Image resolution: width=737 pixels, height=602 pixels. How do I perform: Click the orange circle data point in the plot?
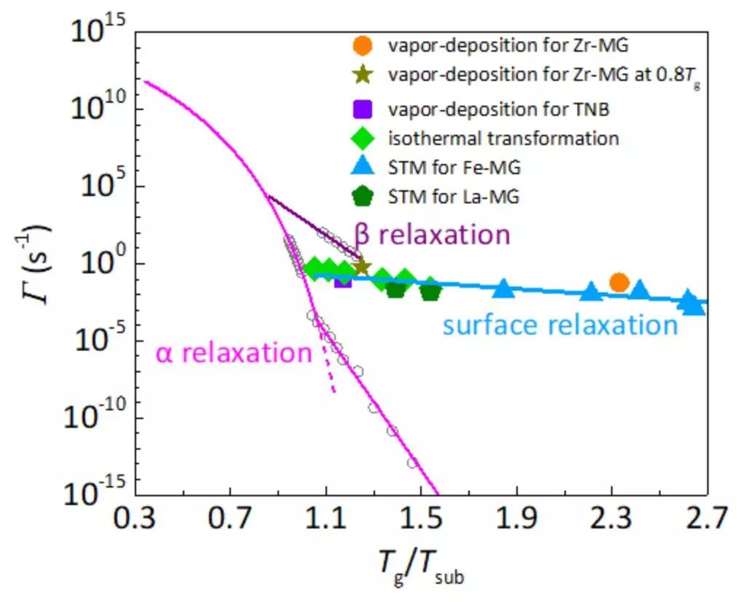tap(618, 283)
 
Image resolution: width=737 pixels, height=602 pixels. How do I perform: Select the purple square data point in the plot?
tap(342, 279)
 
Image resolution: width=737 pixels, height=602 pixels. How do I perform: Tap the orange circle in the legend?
tap(362, 46)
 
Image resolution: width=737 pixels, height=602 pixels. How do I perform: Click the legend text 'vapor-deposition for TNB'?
tap(498, 109)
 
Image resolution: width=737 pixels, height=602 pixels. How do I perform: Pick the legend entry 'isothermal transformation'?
tap(503, 138)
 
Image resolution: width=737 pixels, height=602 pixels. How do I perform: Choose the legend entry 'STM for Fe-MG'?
tap(454, 167)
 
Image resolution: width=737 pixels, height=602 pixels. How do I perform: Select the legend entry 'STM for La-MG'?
tap(454, 195)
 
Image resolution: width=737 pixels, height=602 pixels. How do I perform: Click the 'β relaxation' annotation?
tap(431, 235)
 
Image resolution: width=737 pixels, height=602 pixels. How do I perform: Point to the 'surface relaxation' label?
tap(560, 325)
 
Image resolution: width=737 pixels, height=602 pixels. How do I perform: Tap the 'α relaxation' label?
tap(233, 353)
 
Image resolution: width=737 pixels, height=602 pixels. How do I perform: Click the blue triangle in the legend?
tap(362, 167)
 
